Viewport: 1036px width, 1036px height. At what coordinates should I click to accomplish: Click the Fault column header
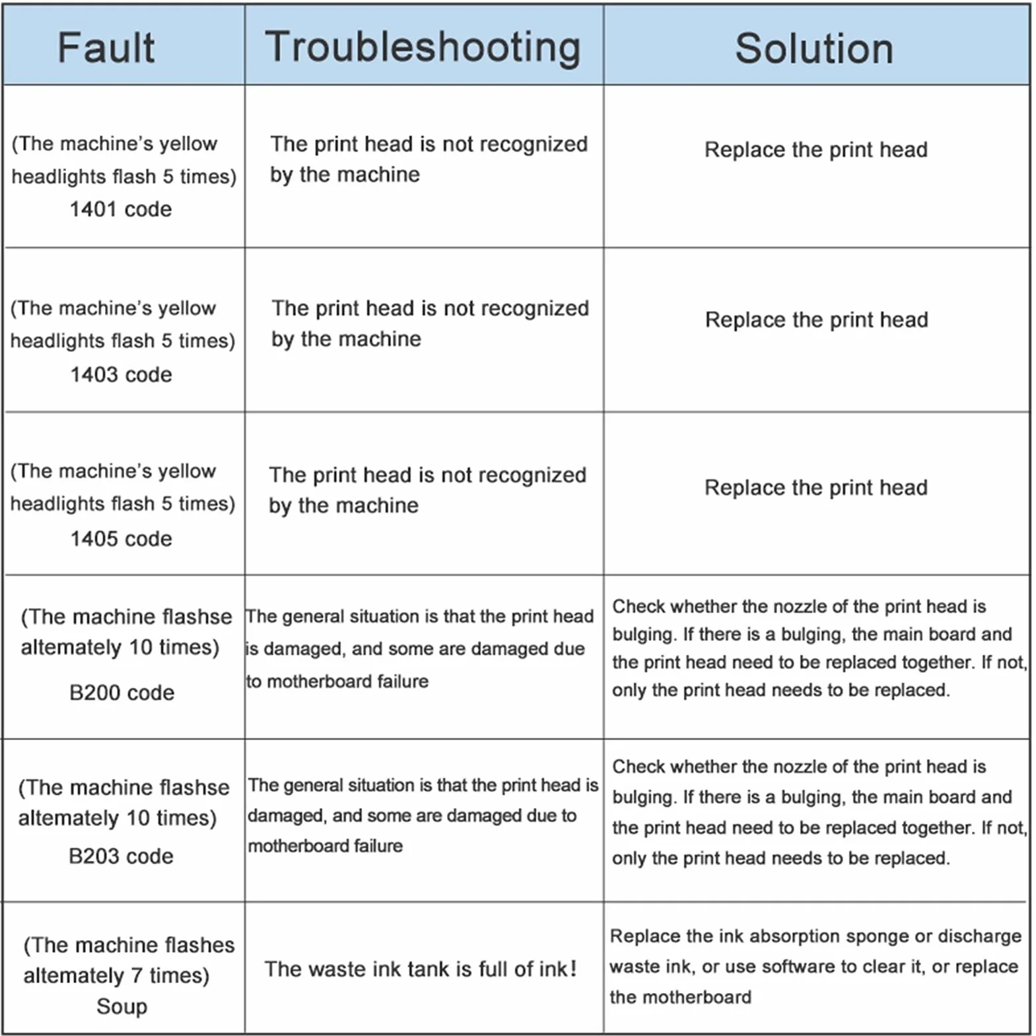coord(106,48)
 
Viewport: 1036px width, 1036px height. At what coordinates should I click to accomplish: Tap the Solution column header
coord(814,48)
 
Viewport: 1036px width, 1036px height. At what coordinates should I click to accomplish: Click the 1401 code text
coord(121,209)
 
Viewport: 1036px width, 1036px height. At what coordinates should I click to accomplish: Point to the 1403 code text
coord(121,374)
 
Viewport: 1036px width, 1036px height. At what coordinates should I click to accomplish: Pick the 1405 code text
coord(121,539)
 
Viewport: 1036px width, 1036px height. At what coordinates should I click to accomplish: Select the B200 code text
coord(121,693)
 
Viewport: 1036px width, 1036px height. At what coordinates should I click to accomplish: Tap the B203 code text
coord(121,856)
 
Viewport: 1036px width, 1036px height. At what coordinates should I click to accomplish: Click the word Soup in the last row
coord(121,1006)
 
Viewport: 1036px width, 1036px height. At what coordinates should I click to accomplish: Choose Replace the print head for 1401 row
coord(816,150)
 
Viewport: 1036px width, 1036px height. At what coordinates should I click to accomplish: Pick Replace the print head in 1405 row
coord(816,488)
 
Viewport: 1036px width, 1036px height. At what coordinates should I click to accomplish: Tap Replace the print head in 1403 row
coord(817,320)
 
